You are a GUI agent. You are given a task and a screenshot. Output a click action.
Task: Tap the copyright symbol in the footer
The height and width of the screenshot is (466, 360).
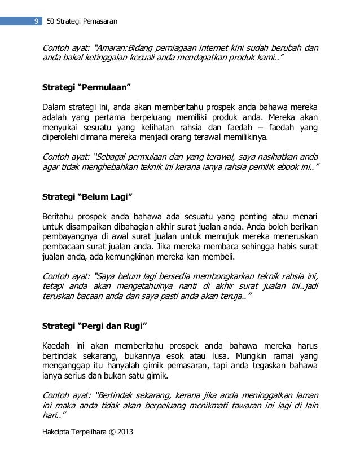click(x=108, y=431)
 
